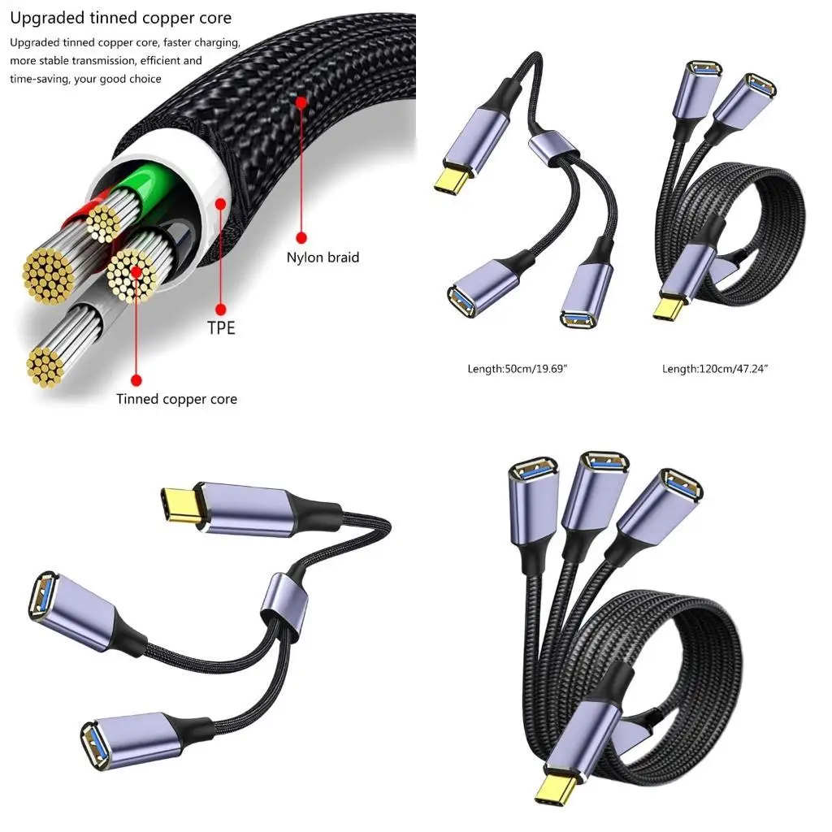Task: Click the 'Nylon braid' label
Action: pos(323,258)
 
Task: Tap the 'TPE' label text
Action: pos(220,329)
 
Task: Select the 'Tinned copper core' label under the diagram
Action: pos(176,399)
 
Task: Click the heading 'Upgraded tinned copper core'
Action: pos(120,18)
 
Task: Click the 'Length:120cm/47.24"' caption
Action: pos(715,369)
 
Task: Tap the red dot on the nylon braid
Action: pos(301,103)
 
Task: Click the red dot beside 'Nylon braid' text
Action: pos(301,237)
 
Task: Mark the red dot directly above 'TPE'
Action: pos(220,309)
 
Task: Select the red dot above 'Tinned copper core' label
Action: pos(136,379)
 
